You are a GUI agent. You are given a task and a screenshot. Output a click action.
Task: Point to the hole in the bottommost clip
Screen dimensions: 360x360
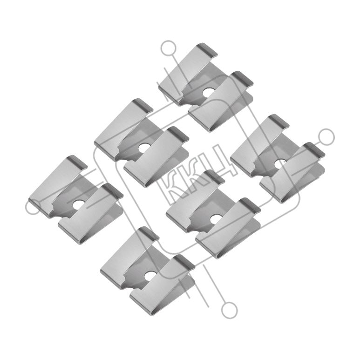149,276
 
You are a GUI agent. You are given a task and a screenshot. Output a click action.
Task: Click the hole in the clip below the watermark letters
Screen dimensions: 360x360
215,219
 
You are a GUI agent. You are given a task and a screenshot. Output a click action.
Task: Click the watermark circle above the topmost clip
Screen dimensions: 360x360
169,48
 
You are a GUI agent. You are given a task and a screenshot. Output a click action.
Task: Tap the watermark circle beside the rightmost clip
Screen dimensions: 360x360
326,136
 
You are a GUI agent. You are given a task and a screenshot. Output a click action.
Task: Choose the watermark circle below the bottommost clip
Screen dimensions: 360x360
229,310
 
